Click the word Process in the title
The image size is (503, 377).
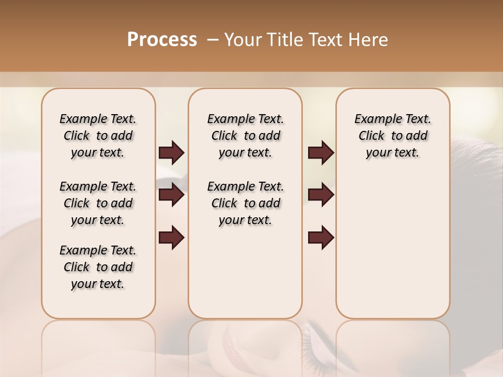coord(162,40)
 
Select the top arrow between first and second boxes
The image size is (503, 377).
coord(171,152)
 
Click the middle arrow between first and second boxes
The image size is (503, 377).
coord(171,195)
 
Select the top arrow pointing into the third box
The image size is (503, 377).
coord(321,152)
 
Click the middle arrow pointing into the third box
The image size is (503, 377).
coord(321,195)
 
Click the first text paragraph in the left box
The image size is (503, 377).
coord(98,136)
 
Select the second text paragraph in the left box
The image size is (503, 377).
coord(98,203)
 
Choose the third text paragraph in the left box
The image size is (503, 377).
coord(98,267)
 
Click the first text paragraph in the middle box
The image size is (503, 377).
coord(245,136)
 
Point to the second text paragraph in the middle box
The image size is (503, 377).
coord(245,203)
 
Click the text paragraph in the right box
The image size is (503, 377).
coord(392,136)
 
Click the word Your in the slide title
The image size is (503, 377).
coord(243,40)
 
